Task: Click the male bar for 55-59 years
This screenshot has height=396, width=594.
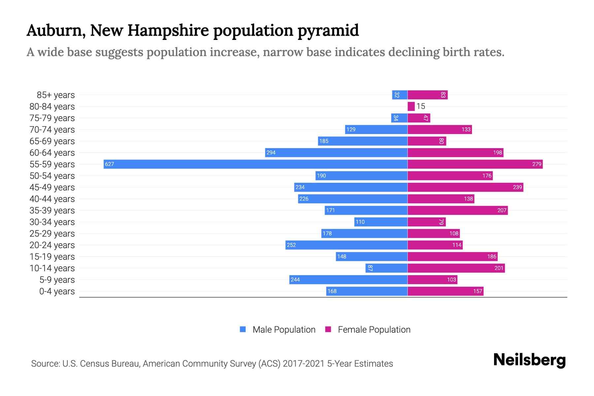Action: (256, 164)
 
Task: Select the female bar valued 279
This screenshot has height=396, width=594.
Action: (475, 164)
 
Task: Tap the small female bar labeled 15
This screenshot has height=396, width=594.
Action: (411, 106)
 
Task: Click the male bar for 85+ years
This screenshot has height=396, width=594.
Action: (400, 95)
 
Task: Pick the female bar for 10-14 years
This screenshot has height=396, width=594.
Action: (456, 268)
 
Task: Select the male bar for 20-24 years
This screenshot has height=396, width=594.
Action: (346, 245)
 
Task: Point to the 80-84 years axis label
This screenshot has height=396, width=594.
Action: (52, 107)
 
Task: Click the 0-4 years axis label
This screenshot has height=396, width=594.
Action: (57, 291)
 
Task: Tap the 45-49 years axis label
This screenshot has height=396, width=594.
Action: (52, 187)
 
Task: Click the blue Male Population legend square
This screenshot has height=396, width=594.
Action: (243, 329)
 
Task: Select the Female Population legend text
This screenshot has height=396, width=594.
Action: (374, 330)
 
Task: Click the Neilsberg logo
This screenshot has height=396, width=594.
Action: (529, 360)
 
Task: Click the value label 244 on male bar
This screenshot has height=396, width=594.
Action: (295, 280)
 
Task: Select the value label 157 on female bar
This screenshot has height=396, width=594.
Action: (478, 291)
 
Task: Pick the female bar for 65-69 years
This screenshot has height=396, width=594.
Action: (427, 141)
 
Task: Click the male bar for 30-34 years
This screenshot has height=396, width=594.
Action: (381, 222)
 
